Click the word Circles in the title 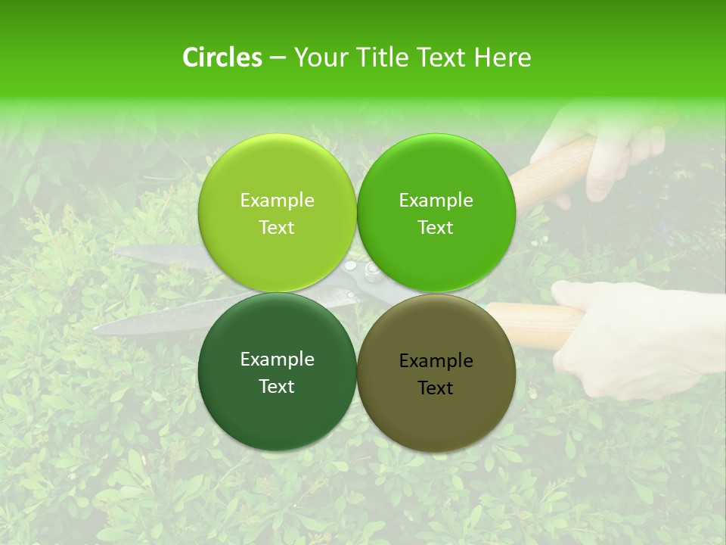(222, 58)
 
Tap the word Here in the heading (502, 58)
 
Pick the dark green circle (277, 409)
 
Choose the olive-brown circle (436, 413)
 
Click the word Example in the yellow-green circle (277, 201)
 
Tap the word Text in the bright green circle (436, 228)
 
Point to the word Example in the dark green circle (277, 360)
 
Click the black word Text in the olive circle (436, 388)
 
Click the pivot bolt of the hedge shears (370, 271)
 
